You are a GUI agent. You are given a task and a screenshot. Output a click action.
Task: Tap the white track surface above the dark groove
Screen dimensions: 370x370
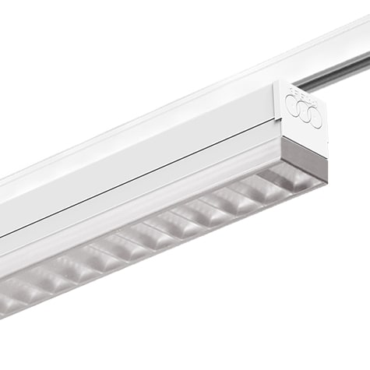(x=343, y=47)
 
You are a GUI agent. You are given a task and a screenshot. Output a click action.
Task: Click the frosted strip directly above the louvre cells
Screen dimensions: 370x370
(x=156, y=223)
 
